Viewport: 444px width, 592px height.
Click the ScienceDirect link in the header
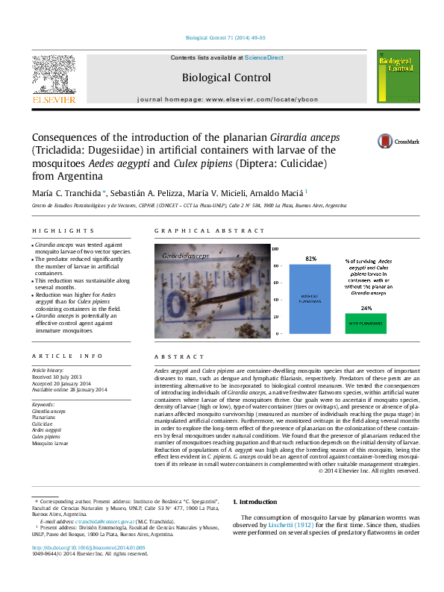pyautogui.click(x=263, y=57)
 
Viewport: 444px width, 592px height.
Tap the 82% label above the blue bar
pyautogui.click(x=310, y=258)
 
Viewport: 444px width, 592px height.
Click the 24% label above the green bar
pyautogui.click(x=366, y=308)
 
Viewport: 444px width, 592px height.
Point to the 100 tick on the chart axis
pyautogui.click(x=275, y=249)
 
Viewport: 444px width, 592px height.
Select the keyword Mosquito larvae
pyautogui.click(x=50, y=442)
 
